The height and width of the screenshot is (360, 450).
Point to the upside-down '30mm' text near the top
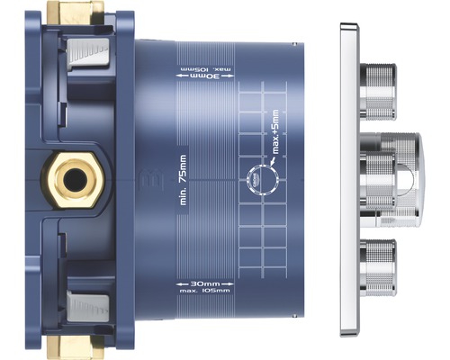pos(194,76)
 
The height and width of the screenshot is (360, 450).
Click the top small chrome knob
pos(377,90)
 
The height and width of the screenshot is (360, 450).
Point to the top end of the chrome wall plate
pos(348,27)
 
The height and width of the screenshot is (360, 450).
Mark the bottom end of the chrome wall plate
pos(348,331)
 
